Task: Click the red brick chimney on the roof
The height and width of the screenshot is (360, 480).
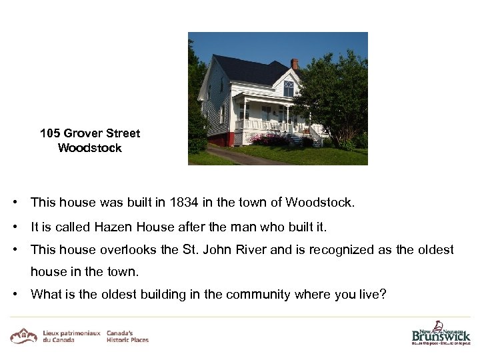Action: click(295, 64)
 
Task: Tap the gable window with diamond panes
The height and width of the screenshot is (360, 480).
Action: click(288, 87)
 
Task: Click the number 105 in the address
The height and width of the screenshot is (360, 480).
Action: click(50, 133)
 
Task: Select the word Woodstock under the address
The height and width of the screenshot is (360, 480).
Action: click(90, 148)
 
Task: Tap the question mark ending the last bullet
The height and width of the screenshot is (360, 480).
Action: click(383, 294)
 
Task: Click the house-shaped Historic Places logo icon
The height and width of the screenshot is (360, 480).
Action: click(24, 335)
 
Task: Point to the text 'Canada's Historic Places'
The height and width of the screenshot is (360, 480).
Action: click(127, 336)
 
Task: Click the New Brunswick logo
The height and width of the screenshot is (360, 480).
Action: click(441, 333)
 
